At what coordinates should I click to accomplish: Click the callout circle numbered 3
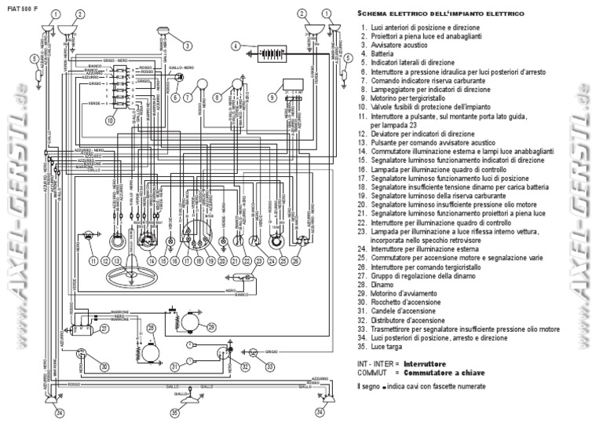[x=188, y=46]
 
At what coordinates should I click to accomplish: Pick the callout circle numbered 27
[x=104, y=329]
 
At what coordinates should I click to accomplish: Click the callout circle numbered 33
[x=269, y=366]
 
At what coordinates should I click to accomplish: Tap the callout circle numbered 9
[x=272, y=98]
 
